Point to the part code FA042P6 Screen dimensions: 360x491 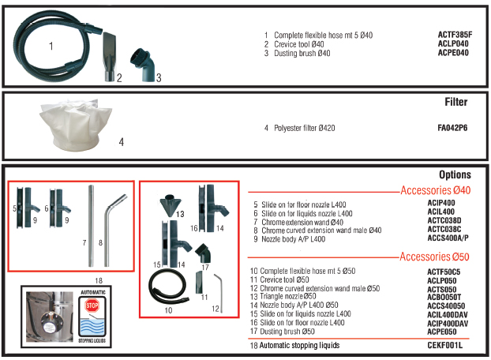[x=452, y=127]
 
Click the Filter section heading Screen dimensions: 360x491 [x=456, y=103]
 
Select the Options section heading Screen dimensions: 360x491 [x=454, y=174]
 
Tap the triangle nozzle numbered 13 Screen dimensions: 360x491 [x=170, y=206]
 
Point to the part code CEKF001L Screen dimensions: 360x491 [x=448, y=345]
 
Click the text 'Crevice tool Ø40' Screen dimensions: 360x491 [x=301, y=44]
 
